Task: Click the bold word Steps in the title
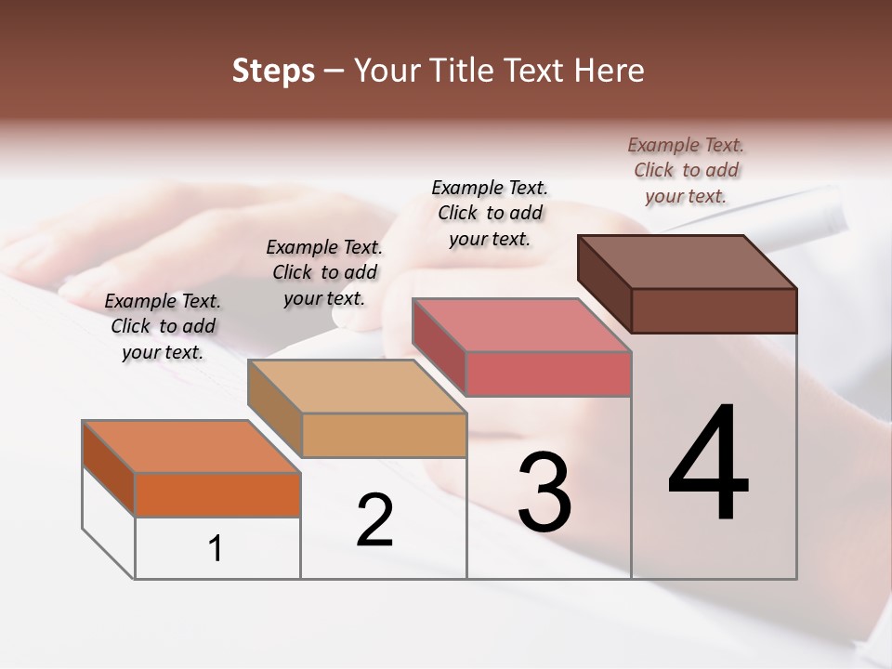click(273, 71)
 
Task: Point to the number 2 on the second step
click(375, 520)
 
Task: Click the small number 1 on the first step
click(216, 548)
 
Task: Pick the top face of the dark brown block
click(688, 261)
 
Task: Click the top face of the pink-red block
click(522, 324)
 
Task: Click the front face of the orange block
click(217, 494)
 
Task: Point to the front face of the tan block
click(384, 434)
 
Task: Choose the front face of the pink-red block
click(548, 374)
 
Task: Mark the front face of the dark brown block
click(714, 310)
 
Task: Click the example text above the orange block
click(163, 326)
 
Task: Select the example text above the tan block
click(324, 272)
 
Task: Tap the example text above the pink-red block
click(490, 213)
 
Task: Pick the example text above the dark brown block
click(686, 170)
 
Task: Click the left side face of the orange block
click(109, 467)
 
